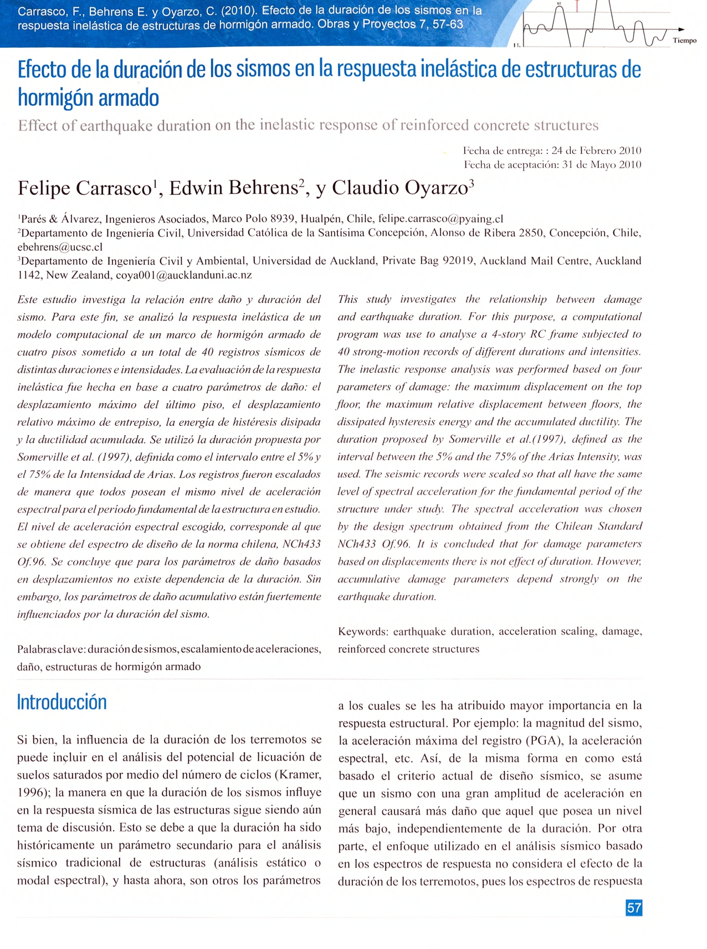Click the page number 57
pos(634,908)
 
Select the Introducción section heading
pos(62,702)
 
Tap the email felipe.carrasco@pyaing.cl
pos(440,219)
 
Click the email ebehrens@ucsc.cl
pos(60,247)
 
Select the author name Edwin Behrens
pos(233,188)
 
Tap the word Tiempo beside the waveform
pos(685,40)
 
